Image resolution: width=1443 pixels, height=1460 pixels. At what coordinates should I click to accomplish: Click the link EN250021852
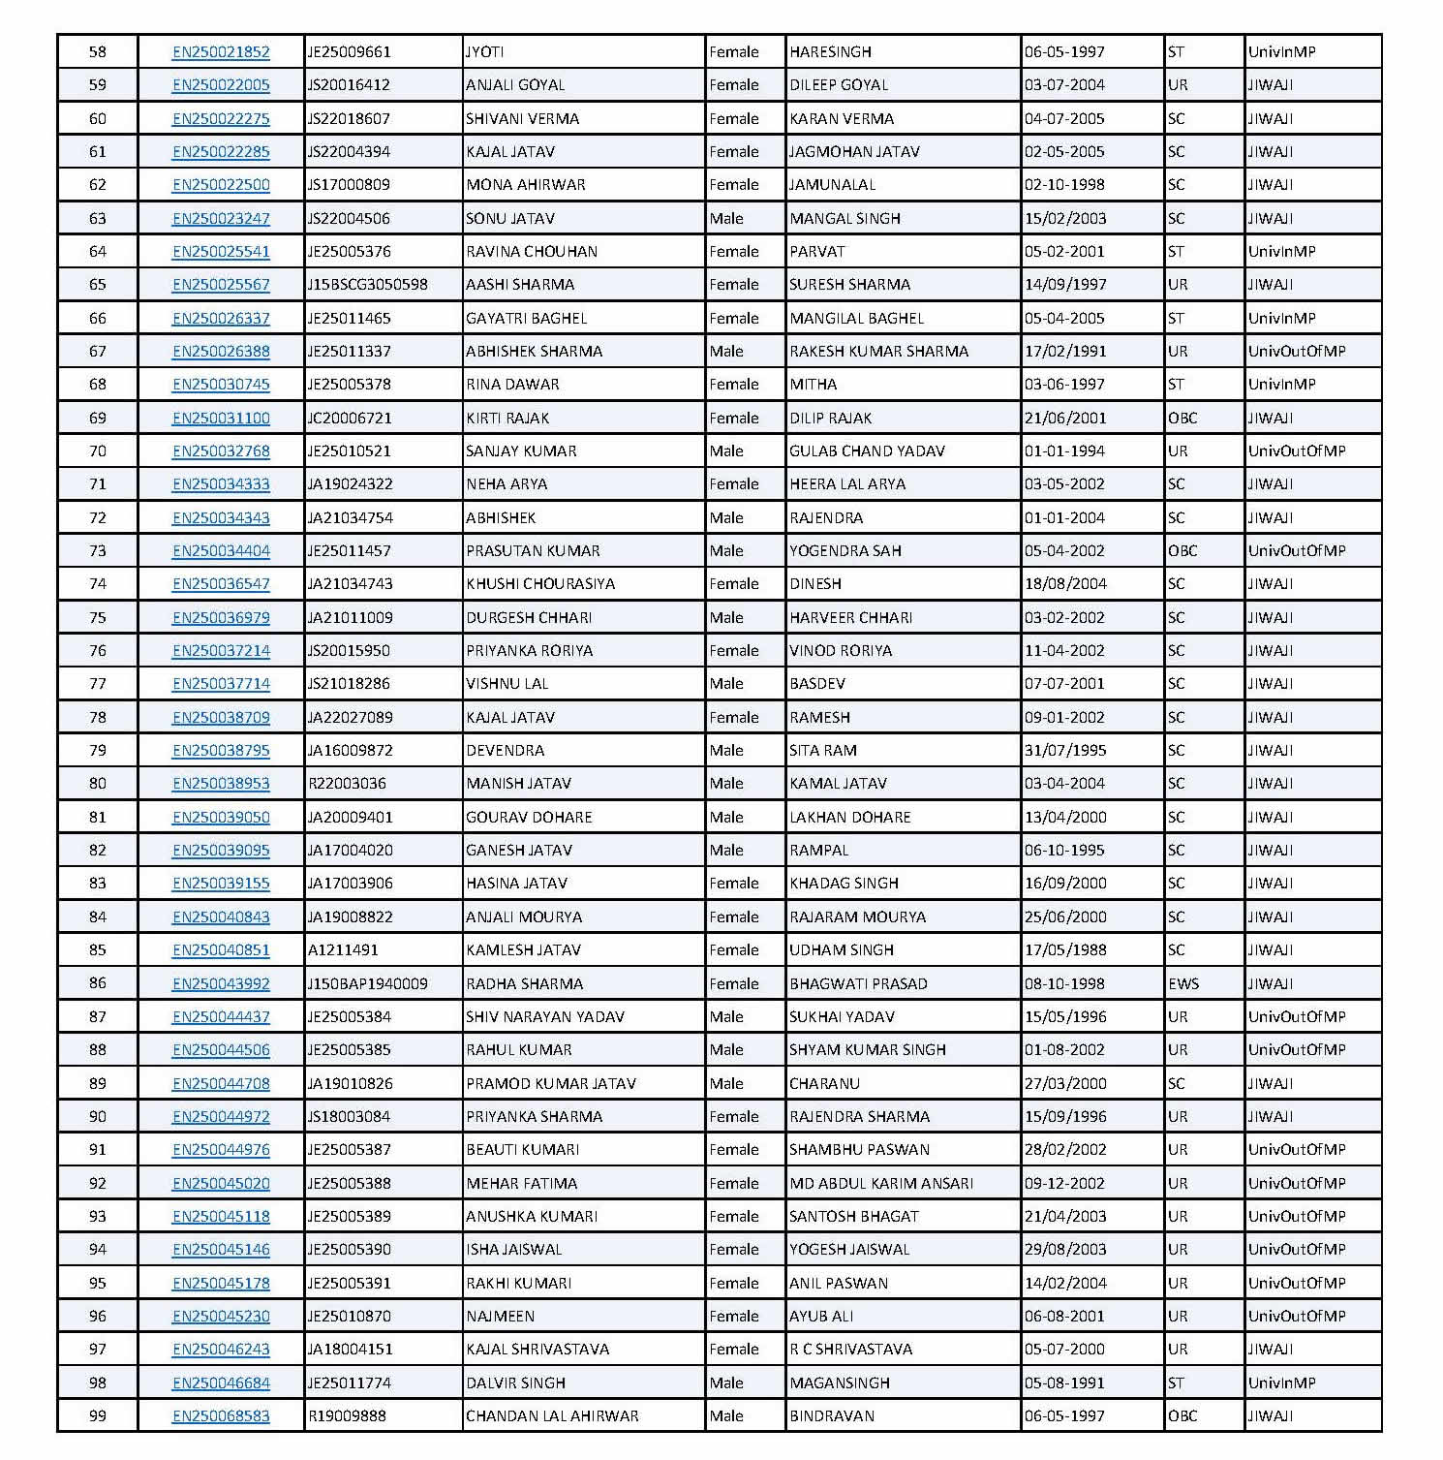coord(221,52)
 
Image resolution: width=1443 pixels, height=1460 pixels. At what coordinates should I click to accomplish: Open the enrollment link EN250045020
coord(221,1183)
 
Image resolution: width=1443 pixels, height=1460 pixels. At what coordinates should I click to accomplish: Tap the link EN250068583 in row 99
coord(221,1415)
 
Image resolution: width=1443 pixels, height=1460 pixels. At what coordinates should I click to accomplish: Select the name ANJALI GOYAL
coord(515,85)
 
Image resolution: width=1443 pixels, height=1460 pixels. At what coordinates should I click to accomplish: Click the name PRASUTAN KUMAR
coord(533,550)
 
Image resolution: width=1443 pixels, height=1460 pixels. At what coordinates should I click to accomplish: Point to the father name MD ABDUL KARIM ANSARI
coord(881,1183)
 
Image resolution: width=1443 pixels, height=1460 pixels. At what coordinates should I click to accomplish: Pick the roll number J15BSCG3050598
coord(367,285)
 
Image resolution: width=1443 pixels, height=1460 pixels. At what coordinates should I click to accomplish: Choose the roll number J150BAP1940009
coord(367,983)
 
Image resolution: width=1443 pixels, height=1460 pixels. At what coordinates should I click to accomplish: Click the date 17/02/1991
coord(1065,351)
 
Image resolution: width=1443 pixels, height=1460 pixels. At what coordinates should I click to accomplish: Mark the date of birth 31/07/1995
coord(1065,750)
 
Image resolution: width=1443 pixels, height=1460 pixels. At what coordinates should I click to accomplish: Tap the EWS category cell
coord(1183,983)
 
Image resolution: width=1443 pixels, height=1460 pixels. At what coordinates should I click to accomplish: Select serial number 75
coord(98,617)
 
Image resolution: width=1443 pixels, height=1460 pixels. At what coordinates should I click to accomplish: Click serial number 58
coord(98,52)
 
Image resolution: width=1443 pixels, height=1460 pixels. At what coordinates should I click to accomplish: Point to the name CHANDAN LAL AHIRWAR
coord(552,1415)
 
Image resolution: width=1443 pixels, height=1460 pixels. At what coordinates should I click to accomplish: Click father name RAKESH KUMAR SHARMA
coord(878,351)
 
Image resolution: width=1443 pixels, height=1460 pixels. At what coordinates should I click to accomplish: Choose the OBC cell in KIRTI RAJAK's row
coord(1182,418)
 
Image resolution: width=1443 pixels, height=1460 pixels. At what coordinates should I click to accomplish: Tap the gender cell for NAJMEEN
coord(733,1316)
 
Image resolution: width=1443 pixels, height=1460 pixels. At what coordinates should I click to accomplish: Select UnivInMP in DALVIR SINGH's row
coord(1281,1382)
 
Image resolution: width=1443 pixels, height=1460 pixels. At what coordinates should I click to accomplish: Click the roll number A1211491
coord(343,949)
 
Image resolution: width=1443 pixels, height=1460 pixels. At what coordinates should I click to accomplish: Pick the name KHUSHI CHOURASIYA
coord(540,583)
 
